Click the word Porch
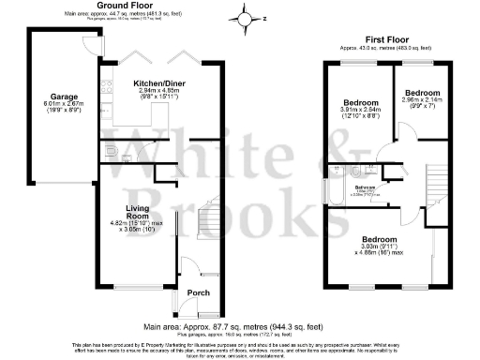(x=199, y=292)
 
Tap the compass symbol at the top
(x=246, y=18)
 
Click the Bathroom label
(x=365, y=187)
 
